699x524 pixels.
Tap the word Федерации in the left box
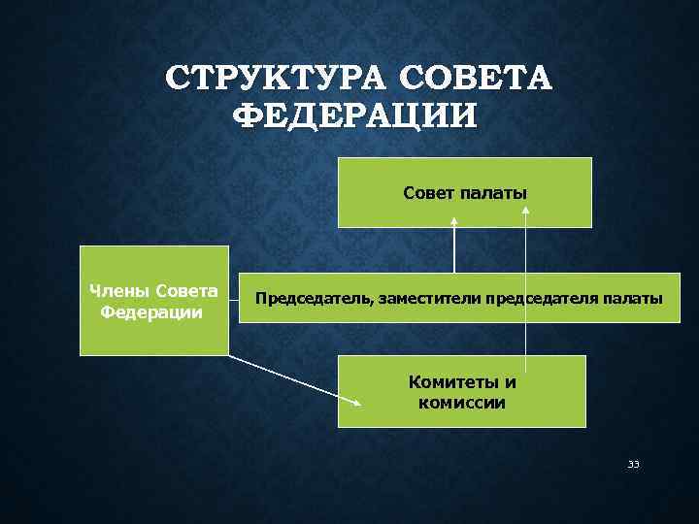151,312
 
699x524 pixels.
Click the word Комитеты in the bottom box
450,381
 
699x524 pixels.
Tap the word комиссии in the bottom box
462,403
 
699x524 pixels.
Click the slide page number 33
633,465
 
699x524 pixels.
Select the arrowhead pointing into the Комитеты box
358,404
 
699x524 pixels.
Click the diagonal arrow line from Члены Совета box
291,379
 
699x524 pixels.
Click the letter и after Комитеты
511,381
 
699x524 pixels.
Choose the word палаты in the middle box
639,299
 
